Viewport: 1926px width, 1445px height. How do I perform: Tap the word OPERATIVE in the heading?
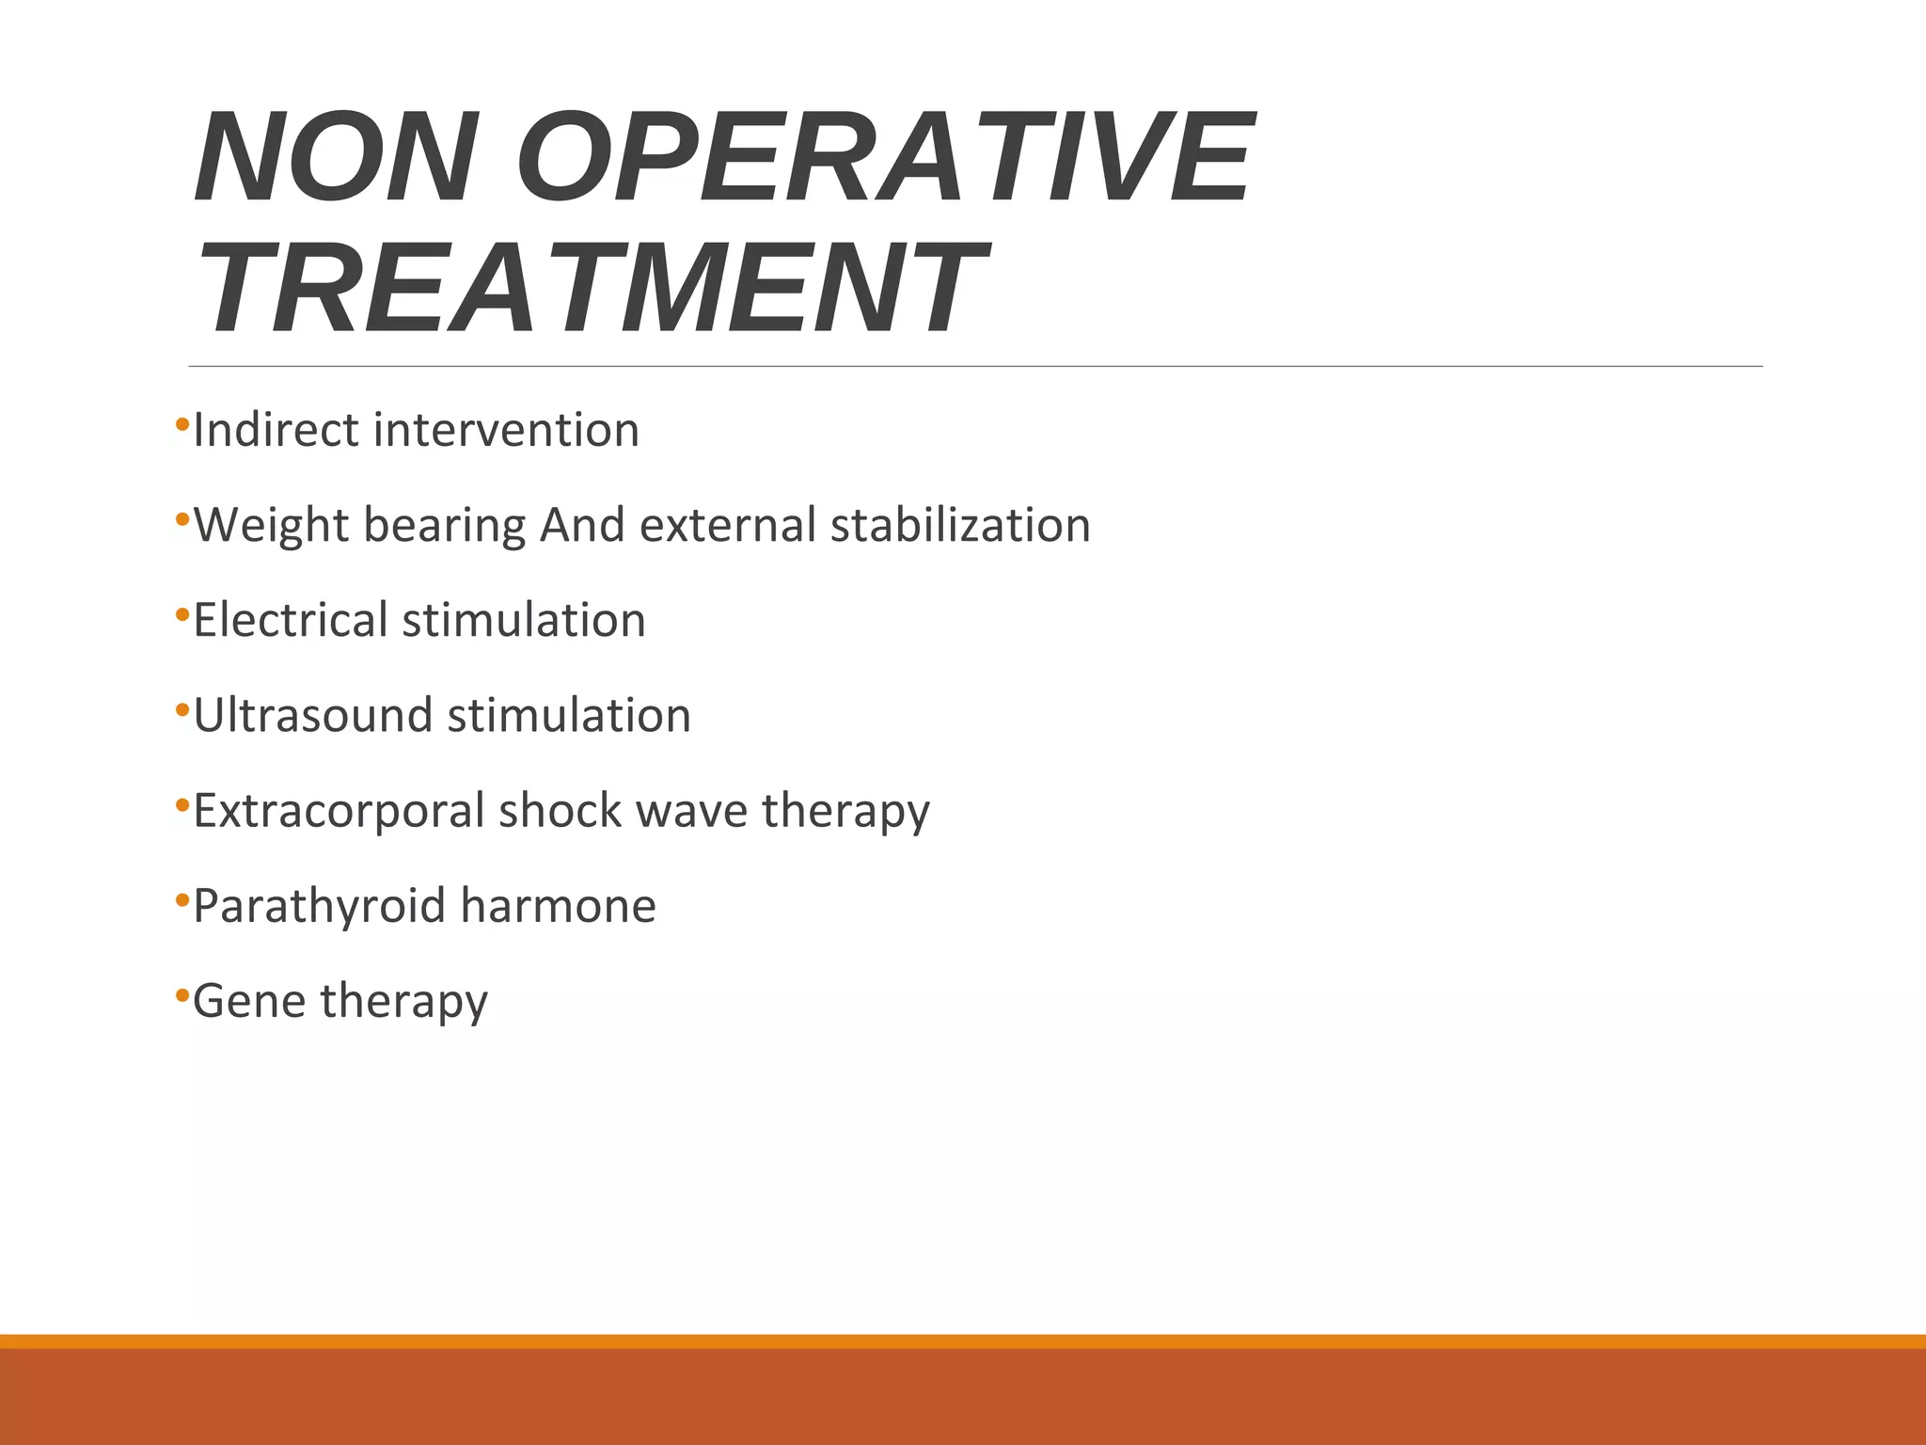(884, 157)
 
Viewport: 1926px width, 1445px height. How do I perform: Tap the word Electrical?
(291, 621)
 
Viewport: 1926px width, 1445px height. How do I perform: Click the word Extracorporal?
(338, 811)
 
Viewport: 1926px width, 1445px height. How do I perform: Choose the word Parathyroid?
(319, 907)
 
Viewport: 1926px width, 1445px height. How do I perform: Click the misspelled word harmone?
(558, 907)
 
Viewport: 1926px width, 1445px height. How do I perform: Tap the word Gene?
(248, 1002)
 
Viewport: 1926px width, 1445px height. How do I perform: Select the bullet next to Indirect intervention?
(182, 423)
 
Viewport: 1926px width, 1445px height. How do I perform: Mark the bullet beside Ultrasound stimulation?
(182, 708)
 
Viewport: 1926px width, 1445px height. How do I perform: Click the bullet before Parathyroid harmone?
(182, 898)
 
